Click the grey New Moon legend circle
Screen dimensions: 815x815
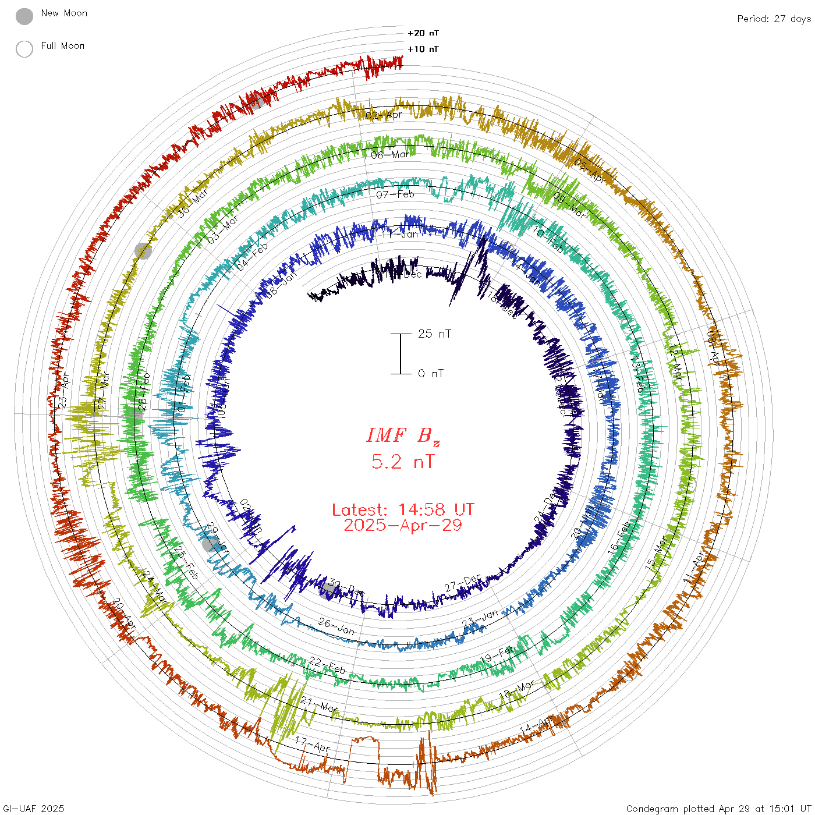pos(24,17)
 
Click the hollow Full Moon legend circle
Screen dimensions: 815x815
pos(24,49)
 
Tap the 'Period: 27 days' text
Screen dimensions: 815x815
pos(774,19)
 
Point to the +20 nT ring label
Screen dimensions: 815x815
pos(423,33)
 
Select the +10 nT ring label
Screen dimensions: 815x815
pos(423,49)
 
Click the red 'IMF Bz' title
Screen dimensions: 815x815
pos(402,435)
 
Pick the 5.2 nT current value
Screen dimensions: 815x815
pos(402,462)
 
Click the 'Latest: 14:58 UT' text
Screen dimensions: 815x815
pos(403,510)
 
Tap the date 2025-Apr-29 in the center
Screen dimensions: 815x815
pos(403,525)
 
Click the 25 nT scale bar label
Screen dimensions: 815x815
pos(434,334)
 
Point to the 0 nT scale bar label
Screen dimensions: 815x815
pos(431,373)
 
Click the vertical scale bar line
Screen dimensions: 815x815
pos(401,353)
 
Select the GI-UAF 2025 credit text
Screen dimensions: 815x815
pos(34,809)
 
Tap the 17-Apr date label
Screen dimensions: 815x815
pos(313,743)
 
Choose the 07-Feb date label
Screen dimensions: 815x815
pos(395,194)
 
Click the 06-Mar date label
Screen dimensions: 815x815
pos(390,155)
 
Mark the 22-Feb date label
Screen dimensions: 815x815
pos(327,665)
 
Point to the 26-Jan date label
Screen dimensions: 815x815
pos(336,626)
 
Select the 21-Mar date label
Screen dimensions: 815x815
pos(319,704)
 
